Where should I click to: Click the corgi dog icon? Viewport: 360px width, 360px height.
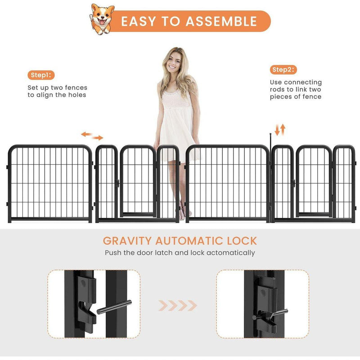103,19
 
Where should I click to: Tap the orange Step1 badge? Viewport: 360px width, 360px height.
41,75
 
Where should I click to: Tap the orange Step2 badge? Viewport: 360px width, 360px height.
283,70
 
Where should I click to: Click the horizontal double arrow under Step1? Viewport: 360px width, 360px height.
92,136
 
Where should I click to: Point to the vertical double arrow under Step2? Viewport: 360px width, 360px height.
280,130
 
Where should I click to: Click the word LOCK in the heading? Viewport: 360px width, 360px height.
240,240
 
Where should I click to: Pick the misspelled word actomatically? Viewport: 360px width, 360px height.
229,253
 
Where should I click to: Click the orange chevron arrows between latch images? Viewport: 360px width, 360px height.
178,306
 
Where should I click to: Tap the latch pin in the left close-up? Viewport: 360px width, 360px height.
114,306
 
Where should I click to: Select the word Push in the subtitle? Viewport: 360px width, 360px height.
113,253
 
